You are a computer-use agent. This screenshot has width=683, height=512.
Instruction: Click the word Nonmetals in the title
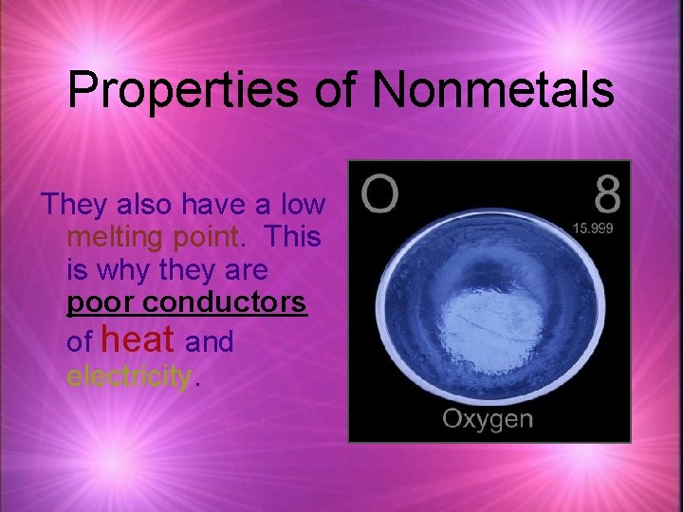click(x=493, y=90)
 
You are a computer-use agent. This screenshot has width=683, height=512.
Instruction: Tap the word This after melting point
click(x=294, y=236)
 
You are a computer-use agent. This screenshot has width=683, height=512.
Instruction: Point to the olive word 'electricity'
click(x=129, y=376)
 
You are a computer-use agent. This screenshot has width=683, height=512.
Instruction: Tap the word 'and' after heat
click(x=210, y=340)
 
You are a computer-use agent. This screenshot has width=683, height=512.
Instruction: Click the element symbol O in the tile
click(x=378, y=195)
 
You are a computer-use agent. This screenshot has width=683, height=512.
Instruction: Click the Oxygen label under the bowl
click(x=488, y=419)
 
